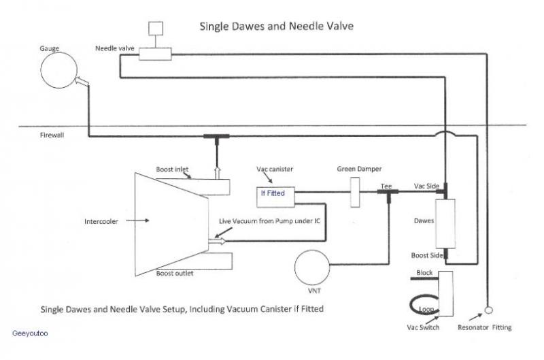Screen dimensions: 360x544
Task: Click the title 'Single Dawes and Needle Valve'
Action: pyautogui.click(x=276, y=27)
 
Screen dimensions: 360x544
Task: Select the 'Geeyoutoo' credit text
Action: pyautogui.click(x=30, y=334)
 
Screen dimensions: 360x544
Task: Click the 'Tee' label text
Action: pyautogui.click(x=386, y=186)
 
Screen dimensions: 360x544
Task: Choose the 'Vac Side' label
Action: pyautogui.click(x=427, y=186)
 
